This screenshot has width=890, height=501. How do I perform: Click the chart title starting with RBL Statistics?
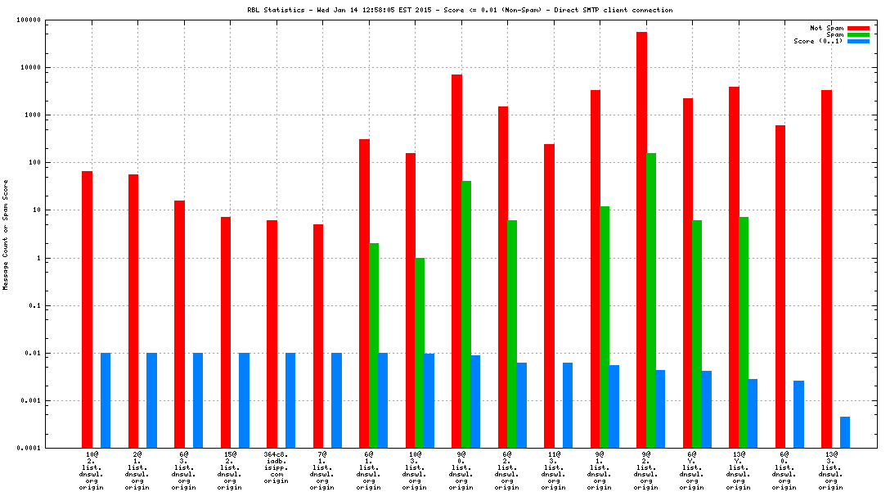(x=460, y=10)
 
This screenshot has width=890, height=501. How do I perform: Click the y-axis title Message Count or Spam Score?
(x=6, y=236)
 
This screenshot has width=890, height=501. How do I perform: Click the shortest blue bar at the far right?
(x=845, y=432)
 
